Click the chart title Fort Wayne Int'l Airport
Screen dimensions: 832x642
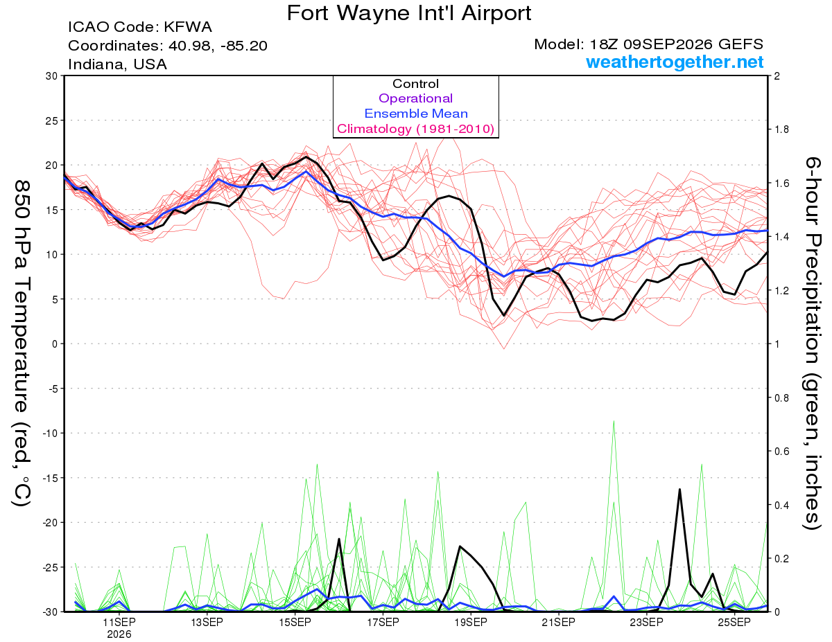click(x=409, y=13)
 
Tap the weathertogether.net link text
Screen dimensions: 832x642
click(x=675, y=62)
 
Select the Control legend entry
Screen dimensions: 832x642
click(x=415, y=84)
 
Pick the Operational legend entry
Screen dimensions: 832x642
click(x=415, y=98)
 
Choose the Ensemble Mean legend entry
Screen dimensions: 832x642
click(x=416, y=114)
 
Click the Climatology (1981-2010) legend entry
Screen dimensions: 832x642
click(x=415, y=129)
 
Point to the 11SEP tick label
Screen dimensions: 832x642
click(x=119, y=623)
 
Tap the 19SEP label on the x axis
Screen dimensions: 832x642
click(x=471, y=623)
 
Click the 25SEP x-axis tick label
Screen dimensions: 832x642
click(x=734, y=623)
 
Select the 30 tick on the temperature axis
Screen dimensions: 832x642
click(x=52, y=76)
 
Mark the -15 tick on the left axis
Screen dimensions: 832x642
click(x=49, y=478)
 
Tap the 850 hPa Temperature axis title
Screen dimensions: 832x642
click(x=21, y=344)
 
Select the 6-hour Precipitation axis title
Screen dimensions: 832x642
click(x=813, y=343)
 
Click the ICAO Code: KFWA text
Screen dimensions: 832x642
click(x=140, y=27)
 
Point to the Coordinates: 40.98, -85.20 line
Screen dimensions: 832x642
click(x=168, y=46)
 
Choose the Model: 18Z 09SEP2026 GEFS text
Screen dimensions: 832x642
click(x=648, y=44)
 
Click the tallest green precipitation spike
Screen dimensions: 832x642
click(x=614, y=421)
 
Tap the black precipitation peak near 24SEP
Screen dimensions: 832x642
click(x=679, y=490)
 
